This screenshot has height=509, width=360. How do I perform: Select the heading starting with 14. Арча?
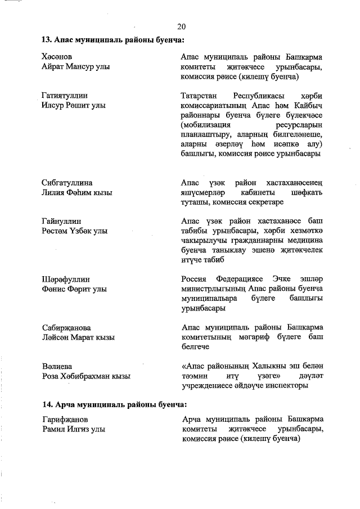coord(114,404)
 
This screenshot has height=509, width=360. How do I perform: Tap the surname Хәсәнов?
coord(57,57)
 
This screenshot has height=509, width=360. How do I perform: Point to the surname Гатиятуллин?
coord(64,96)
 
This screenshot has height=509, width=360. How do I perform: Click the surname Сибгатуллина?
coord(67,183)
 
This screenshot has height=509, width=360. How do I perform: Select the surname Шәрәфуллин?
coord(66,280)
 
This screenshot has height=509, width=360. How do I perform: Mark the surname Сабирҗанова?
coord(66,328)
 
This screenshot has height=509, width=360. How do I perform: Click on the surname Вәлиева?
coord(56,367)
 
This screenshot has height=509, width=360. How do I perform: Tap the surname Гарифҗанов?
coord(65,420)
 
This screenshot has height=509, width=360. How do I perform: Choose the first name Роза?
coord(51,376)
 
